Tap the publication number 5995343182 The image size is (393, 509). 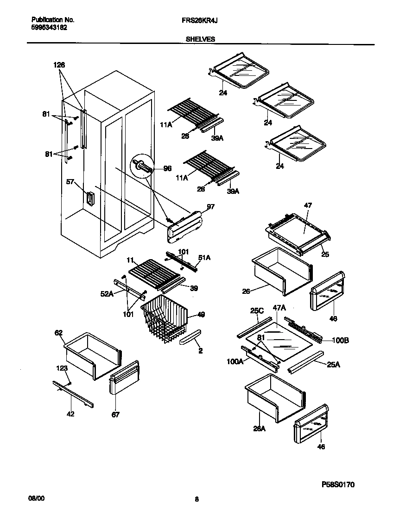click(49, 27)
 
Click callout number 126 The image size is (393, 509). click(59, 65)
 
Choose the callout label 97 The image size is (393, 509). click(210, 207)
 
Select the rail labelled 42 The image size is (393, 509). click(73, 394)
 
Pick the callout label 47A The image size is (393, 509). click(279, 307)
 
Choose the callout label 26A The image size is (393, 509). click(259, 429)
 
